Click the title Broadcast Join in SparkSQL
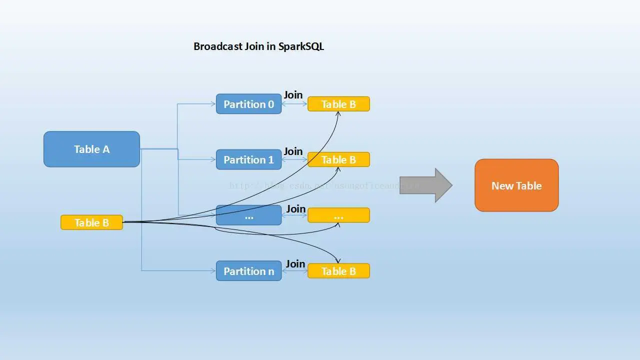(258, 46)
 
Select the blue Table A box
(91, 149)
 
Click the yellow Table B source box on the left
(91, 222)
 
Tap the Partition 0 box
(248, 104)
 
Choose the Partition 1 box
(248, 159)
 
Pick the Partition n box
(248, 271)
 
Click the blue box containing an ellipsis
(248, 215)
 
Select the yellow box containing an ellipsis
(338, 215)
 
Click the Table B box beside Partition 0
(338, 104)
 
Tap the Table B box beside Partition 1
(338, 159)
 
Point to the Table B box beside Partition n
(338, 271)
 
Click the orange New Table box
(516, 185)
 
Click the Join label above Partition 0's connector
(293, 94)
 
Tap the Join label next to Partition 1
(293, 151)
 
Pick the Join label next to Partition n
(295, 263)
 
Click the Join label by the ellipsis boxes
(295, 208)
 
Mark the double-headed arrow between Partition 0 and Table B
(294, 104)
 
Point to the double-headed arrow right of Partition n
(294, 271)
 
